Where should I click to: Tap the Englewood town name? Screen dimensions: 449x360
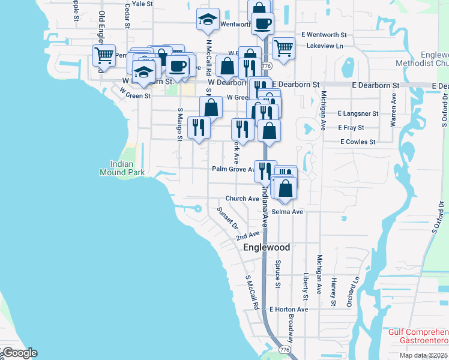267,247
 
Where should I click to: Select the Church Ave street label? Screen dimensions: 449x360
242,199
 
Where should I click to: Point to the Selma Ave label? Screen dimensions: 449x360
287,212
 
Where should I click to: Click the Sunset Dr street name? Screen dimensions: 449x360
228,218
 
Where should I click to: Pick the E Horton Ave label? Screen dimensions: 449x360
288,309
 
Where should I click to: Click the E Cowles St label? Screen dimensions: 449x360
357,142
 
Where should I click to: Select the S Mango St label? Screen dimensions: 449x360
179,124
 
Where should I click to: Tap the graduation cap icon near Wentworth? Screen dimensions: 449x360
208,20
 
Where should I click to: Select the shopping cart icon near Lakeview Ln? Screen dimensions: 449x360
283,47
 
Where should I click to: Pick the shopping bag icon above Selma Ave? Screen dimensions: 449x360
286,187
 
